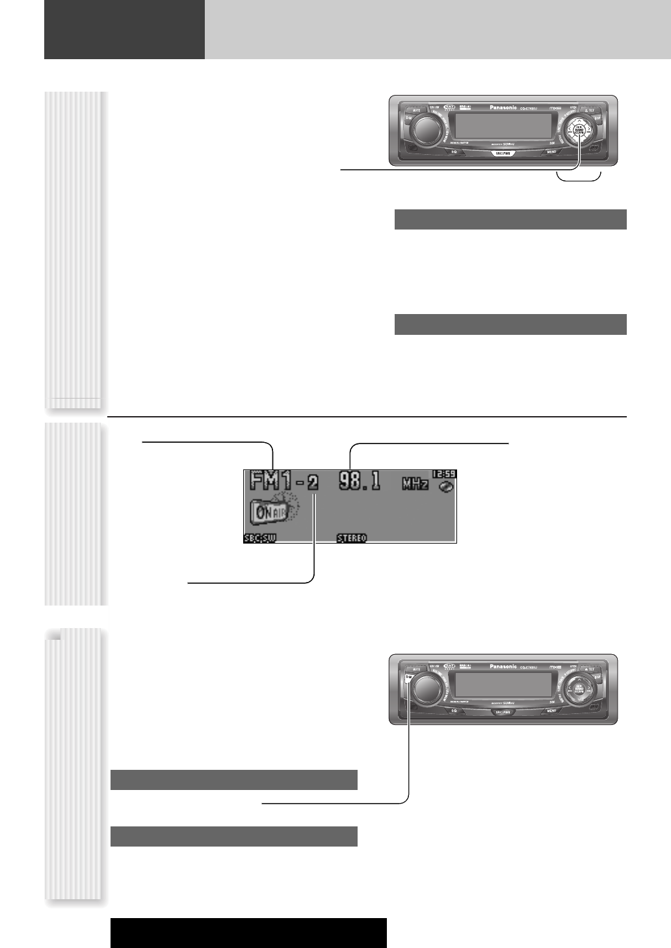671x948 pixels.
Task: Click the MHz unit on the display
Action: click(x=416, y=484)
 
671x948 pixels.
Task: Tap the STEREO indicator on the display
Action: click(x=352, y=538)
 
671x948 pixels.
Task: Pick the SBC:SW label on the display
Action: click(x=260, y=538)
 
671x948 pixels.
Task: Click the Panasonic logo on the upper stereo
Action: click(x=503, y=107)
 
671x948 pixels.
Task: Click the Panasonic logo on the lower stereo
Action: click(x=503, y=666)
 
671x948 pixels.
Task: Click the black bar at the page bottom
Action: click(x=248, y=932)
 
